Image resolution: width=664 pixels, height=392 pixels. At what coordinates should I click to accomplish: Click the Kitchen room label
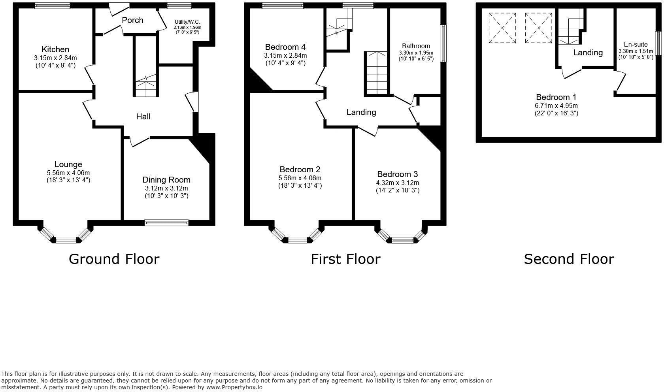55,49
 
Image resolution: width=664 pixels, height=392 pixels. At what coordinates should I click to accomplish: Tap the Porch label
132,20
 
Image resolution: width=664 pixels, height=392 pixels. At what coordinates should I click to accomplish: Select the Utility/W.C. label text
187,22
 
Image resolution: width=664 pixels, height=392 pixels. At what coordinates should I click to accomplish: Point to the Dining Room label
166,180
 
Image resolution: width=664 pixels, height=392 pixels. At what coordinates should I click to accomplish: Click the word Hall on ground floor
143,117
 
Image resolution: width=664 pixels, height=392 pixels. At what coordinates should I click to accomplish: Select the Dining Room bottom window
166,223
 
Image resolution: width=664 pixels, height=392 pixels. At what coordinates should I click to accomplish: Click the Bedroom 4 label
285,47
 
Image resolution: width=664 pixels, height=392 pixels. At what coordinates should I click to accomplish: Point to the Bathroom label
416,46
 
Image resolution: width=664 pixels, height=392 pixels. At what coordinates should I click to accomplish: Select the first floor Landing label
361,112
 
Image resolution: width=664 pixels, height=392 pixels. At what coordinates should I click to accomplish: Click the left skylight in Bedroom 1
502,28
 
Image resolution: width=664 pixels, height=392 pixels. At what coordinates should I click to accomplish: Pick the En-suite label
636,44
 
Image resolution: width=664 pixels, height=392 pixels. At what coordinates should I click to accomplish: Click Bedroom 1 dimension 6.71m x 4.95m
556,106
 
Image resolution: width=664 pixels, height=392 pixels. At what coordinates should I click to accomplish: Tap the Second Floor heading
569,259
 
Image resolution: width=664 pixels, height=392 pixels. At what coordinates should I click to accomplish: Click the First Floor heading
345,259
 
